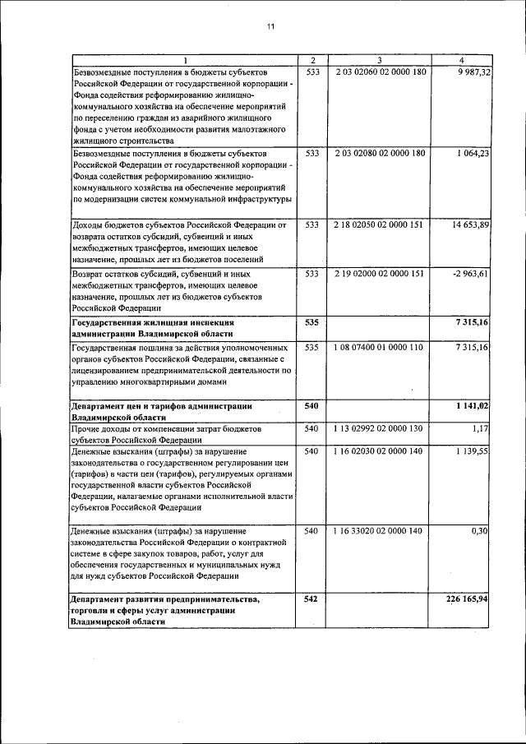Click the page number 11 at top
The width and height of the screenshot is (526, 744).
pos(270,27)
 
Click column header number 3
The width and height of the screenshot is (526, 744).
pos(379,60)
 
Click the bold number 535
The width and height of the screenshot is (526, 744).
pos(311,323)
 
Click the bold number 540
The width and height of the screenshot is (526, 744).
pos(311,406)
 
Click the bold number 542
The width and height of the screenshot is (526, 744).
pos(311,599)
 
